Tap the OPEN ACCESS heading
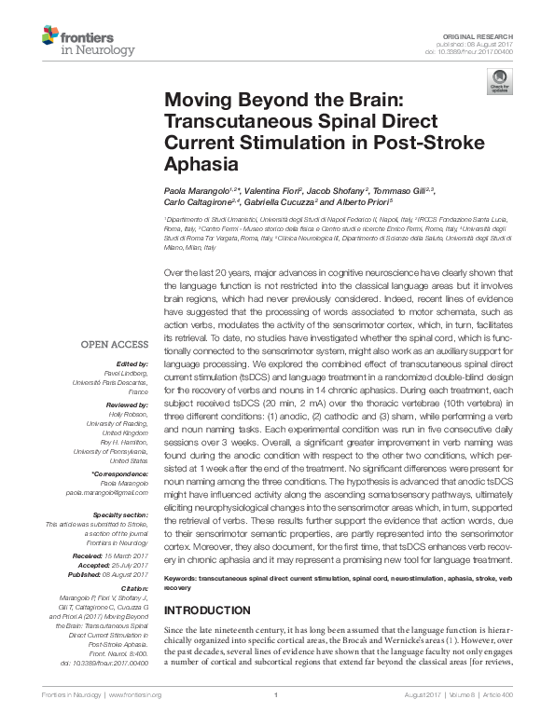(x=118, y=344)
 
